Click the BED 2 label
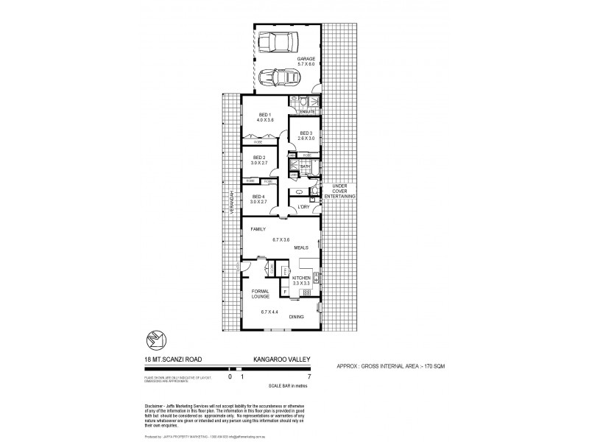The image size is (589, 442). (259, 158)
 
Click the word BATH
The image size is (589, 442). (306, 167)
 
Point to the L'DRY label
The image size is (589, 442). (303, 207)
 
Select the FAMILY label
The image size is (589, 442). (258, 229)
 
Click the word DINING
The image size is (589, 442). (307, 316)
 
